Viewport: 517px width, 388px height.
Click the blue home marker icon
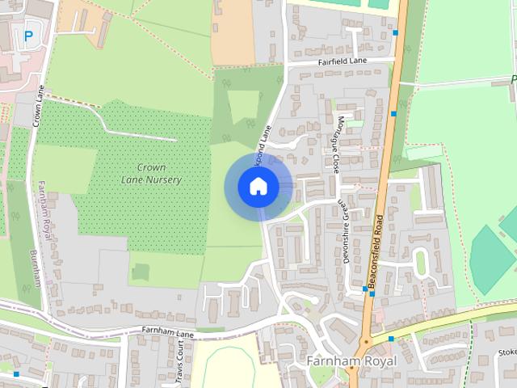click(x=258, y=186)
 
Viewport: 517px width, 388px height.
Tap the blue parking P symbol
click(x=29, y=36)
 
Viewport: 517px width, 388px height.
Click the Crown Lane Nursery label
click(x=151, y=174)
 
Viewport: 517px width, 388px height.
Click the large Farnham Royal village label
click(x=351, y=361)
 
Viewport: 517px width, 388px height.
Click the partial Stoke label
click(x=506, y=352)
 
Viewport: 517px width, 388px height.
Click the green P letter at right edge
click(x=513, y=79)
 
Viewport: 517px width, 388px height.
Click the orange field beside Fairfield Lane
click(x=232, y=32)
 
